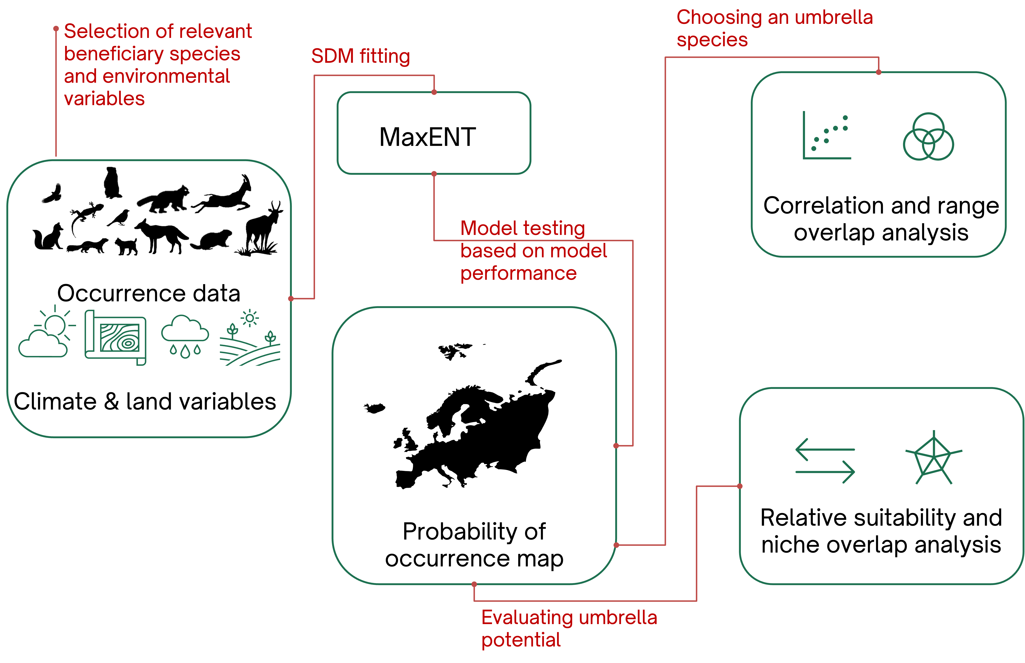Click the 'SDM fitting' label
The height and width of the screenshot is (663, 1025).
pos(360,56)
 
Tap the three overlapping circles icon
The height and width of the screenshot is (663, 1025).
pos(928,137)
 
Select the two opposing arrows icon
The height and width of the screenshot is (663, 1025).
pos(825,461)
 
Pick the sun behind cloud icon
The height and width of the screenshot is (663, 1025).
pos(46,331)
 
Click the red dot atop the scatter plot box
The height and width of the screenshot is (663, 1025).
pos(879,72)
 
